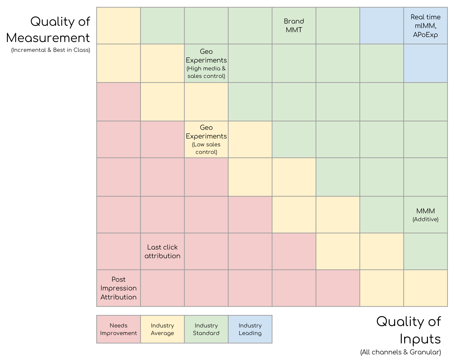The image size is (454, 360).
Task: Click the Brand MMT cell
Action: (x=294, y=26)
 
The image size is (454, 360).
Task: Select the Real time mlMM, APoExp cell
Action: (x=425, y=26)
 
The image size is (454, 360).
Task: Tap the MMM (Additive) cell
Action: (x=425, y=215)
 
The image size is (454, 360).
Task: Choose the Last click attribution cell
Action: (x=162, y=251)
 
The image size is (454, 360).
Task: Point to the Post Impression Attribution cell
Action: (x=118, y=288)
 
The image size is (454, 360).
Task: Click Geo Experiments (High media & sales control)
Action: (x=206, y=63)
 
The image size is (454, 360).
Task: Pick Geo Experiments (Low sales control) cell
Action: (x=206, y=139)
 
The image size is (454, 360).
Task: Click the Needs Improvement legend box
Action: (x=118, y=329)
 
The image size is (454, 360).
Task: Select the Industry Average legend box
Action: (x=162, y=329)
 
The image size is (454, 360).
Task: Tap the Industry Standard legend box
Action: (x=206, y=329)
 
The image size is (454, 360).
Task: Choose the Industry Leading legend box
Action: (x=250, y=329)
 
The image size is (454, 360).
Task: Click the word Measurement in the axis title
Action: (x=48, y=38)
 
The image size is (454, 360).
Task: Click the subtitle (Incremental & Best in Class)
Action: (x=50, y=50)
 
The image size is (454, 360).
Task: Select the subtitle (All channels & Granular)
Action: (x=400, y=352)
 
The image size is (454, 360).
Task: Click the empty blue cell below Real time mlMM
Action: (x=425, y=63)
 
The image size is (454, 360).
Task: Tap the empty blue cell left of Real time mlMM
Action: (x=381, y=26)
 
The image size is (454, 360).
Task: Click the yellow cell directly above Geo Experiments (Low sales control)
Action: (x=206, y=102)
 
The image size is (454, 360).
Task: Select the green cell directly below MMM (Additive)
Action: (x=425, y=251)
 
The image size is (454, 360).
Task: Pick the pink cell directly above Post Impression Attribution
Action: (x=118, y=251)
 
